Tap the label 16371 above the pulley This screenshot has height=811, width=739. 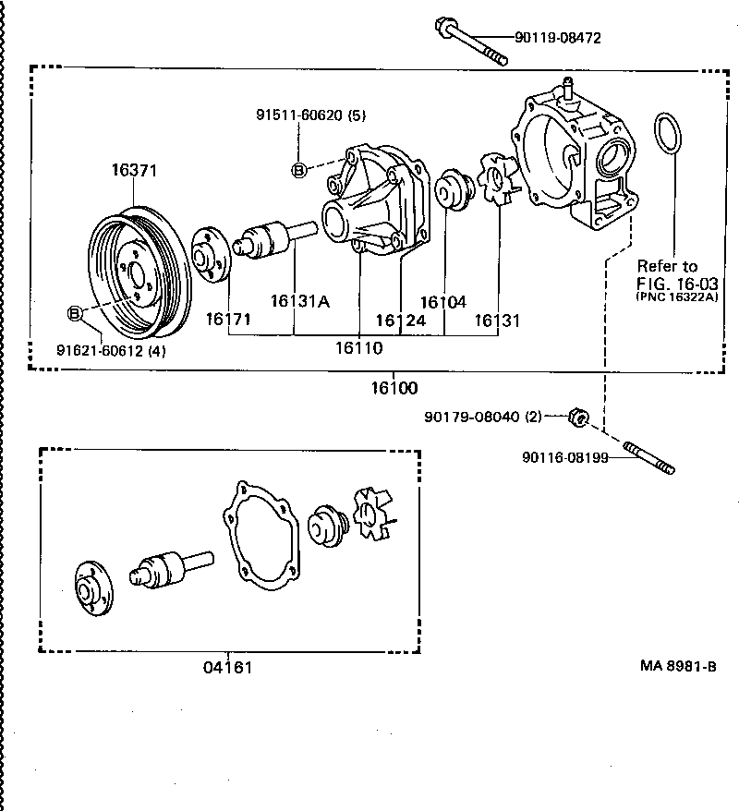pos(135,170)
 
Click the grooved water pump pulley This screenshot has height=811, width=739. pos(140,275)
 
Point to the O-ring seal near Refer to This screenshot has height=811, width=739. pos(669,134)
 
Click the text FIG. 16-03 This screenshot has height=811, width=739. pos(677,282)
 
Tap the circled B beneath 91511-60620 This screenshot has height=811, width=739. pos(298,169)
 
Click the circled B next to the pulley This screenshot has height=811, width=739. pos(75,314)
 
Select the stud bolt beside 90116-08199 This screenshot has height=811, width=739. pos(650,459)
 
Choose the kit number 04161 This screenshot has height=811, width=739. pos(227,667)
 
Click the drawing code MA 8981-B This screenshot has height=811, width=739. pos(678,665)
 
